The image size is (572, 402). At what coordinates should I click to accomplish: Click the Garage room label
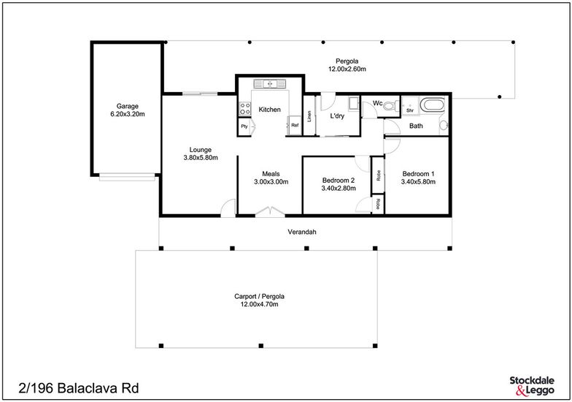[x=127, y=106]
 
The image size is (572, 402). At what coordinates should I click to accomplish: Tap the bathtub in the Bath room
[x=433, y=105]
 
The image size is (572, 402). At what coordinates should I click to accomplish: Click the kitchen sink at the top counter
[x=270, y=83]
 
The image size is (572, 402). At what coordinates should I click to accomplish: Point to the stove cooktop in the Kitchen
[x=244, y=108]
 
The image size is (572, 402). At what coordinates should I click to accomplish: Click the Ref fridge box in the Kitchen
[x=295, y=126]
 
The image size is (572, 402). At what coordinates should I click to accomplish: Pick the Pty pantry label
[x=244, y=126]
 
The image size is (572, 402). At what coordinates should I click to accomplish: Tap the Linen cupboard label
[x=309, y=117]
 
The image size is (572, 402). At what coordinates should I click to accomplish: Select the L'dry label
[x=337, y=116]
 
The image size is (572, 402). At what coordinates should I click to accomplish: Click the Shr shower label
[x=410, y=110]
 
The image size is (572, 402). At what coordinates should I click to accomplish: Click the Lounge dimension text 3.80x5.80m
[x=201, y=158]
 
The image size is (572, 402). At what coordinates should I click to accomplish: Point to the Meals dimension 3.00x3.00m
[x=271, y=181]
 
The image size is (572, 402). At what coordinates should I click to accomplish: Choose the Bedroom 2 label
[x=339, y=180]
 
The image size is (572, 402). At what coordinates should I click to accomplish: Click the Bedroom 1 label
[x=419, y=174]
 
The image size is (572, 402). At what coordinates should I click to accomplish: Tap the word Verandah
[x=302, y=232]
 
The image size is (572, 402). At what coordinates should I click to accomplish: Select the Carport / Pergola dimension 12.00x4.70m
[x=260, y=304]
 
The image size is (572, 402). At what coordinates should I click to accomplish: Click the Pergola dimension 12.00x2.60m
[x=347, y=69]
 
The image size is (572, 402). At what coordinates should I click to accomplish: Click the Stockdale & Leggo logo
[x=532, y=386]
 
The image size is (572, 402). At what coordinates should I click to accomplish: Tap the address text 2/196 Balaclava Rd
[x=79, y=388]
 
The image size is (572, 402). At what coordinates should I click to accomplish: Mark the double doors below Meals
[x=270, y=212]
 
